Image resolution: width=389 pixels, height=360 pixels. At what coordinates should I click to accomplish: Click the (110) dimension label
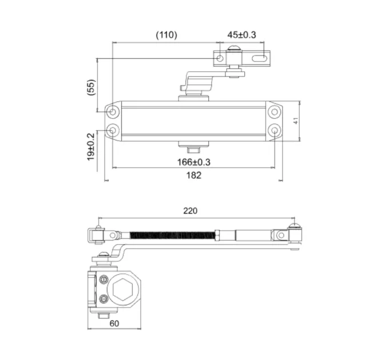(166, 35)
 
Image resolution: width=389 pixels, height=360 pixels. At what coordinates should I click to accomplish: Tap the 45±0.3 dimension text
(241, 35)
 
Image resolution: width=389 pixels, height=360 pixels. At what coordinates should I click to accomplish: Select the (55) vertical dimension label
(92, 87)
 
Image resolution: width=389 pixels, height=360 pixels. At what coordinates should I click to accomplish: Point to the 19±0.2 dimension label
(91, 147)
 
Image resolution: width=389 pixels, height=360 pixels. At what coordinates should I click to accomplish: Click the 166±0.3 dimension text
(193, 162)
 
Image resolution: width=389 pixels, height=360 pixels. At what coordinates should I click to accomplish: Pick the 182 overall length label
(193, 175)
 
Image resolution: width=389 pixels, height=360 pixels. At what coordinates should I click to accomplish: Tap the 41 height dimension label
(296, 121)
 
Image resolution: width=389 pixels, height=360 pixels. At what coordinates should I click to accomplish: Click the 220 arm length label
(190, 211)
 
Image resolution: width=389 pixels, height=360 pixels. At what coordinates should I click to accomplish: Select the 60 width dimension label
(114, 323)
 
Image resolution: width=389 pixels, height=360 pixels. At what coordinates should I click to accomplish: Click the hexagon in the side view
(122, 289)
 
